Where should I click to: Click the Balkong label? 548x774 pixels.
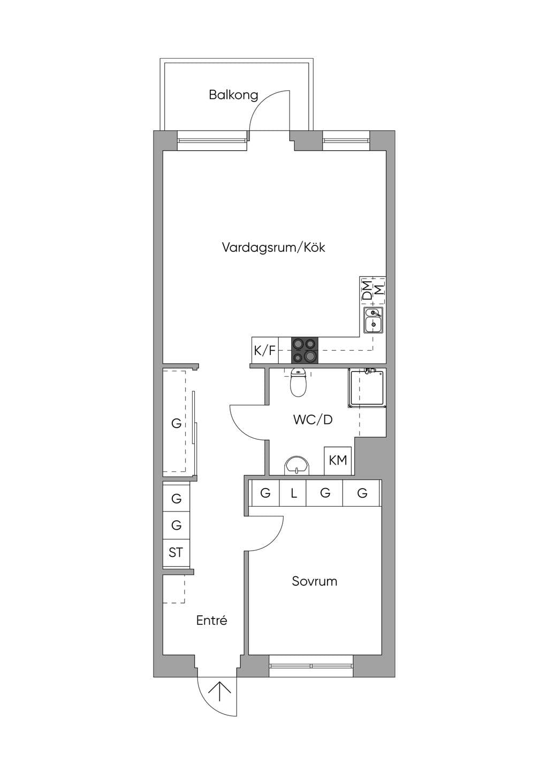click(233, 95)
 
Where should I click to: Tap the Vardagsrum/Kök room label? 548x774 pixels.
click(273, 247)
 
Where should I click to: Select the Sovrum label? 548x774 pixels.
click(315, 581)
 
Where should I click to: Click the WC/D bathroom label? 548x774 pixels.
click(313, 420)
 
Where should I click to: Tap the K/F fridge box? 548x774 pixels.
click(265, 350)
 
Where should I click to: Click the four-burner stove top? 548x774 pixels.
click(305, 350)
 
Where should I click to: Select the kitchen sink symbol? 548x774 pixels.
click(373, 320)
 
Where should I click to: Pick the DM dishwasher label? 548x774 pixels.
click(367, 290)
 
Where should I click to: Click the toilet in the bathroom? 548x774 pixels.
click(298, 383)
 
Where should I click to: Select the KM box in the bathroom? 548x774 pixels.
click(338, 461)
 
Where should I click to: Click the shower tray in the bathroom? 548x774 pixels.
click(367, 389)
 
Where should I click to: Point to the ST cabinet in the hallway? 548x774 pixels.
click(176, 553)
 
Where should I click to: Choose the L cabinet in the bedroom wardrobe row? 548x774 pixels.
click(293, 493)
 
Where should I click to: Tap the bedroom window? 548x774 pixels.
click(311, 665)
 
